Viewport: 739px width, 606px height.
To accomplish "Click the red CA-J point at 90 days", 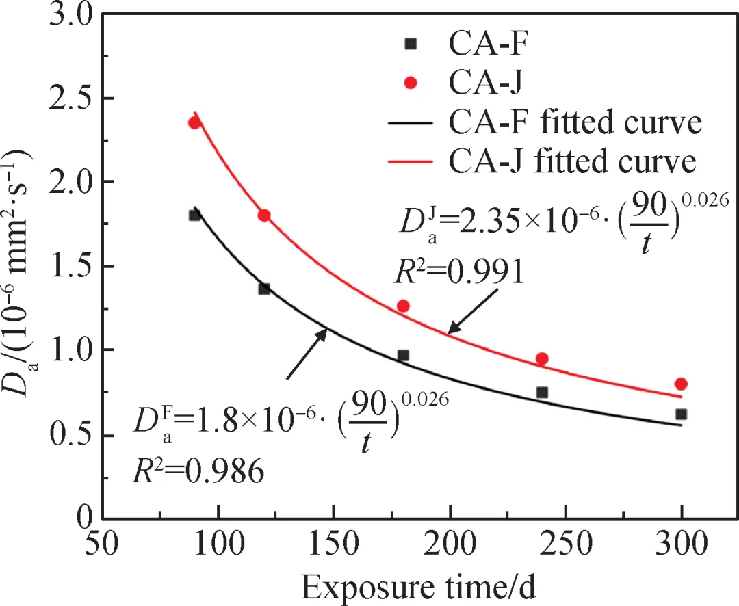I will click(x=194, y=122).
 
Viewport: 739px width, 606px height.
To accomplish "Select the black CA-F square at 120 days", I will click(x=264, y=289).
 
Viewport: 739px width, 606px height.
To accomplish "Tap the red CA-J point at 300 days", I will click(x=681, y=384).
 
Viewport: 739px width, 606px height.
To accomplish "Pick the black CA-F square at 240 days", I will click(x=542, y=393).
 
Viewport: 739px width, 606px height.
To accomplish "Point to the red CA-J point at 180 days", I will click(x=403, y=306).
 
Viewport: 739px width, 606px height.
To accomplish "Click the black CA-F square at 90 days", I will click(x=194, y=215).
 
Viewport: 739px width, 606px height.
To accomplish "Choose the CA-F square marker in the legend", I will click(x=411, y=43).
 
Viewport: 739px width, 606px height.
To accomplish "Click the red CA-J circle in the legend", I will click(x=411, y=83).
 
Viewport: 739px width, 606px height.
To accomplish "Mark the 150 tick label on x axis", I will click(x=333, y=545).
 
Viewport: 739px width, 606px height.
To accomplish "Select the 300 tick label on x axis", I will click(x=681, y=545).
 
